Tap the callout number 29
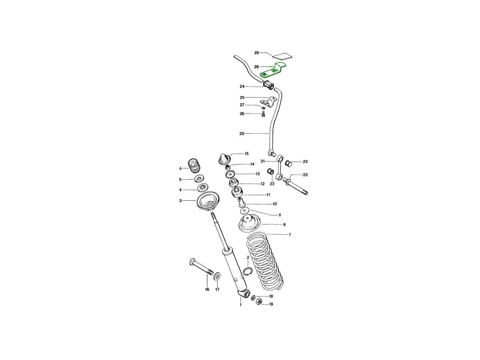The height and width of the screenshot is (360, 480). [256, 53]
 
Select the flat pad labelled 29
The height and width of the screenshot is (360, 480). [282, 56]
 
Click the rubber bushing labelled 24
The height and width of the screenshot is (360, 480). [268, 85]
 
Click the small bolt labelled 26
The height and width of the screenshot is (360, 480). [263, 114]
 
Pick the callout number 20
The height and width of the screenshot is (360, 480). [242, 134]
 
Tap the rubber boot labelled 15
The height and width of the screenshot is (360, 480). [224, 159]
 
